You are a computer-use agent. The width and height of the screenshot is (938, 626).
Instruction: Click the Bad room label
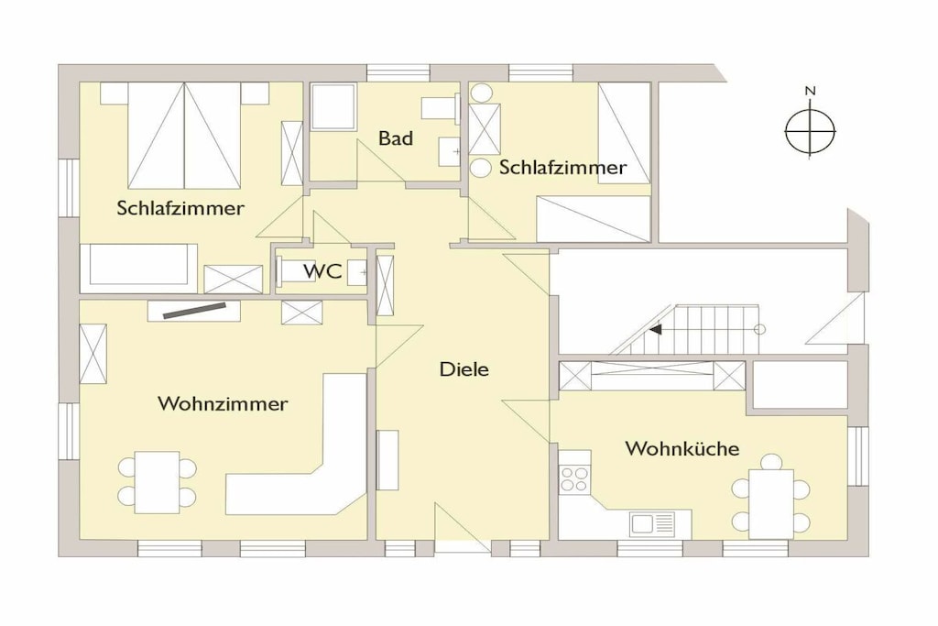pyautogui.click(x=396, y=138)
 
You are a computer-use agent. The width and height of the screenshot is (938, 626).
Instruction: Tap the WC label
pyautogui.click(x=322, y=271)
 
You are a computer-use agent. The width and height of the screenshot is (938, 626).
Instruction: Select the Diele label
pyautogui.click(x=464, y=368)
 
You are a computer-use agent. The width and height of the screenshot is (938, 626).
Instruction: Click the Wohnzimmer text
pyautogui.click(x=223, y=403)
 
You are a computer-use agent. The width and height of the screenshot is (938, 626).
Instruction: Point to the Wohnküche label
pyautogui.click(x=682, y=448)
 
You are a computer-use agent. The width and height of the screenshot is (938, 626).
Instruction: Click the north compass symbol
pyautogui.click(x=810, y=131)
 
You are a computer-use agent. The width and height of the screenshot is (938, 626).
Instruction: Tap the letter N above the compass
pyautogui.click(x=810, y=91)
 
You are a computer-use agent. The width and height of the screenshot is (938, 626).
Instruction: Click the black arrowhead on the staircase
pyautogui.click(x=656, y=329)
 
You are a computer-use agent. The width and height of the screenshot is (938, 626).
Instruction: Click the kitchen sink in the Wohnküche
pyautogui.click(x=651, y=523)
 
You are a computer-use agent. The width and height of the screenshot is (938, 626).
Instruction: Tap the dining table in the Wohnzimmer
pyautogui.click(x=158, y=482)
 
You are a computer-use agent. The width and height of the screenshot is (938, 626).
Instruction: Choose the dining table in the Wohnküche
pyautogui.click(x=771, y=503)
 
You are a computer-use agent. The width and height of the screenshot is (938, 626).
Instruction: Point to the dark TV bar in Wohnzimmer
pyautogui.click(x=194, y=310)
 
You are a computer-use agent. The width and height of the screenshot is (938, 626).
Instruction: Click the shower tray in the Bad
pyautogui.click(x=333, y=106)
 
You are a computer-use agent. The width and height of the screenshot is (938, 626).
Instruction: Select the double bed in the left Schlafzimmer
pyautogui.click(x=184, y=136)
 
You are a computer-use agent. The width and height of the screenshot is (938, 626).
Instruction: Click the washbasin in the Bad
pyautogui.click(x=449, y=151)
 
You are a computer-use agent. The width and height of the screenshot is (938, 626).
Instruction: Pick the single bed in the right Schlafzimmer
pyautogui.click(x=624, y=133)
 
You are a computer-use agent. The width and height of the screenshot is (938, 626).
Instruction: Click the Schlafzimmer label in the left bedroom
pyautogui.click(x=180, y=208)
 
